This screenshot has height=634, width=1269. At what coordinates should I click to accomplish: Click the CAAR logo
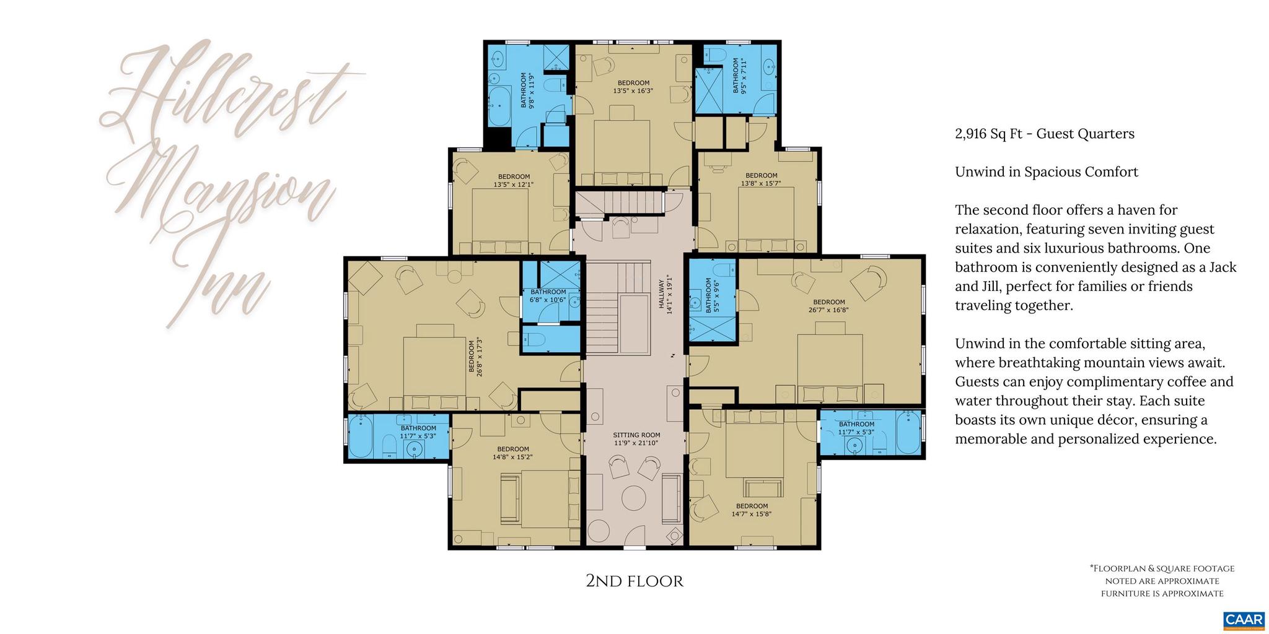(x=1244, y=620)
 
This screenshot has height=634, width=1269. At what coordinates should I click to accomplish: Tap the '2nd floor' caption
(x=634, y=581)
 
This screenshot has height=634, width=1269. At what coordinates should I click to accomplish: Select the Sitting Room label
(x=636, y=439)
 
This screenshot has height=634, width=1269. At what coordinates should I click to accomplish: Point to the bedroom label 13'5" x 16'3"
(x=633, y=87)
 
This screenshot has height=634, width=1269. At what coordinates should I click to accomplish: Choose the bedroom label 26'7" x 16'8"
(x=828, y=306)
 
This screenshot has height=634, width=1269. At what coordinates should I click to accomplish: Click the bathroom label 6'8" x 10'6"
(x=548, y=296)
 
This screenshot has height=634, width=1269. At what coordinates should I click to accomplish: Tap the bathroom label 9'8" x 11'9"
(x=527, y=90)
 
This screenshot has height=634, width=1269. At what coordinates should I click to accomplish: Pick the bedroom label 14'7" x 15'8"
(x=751, y=510)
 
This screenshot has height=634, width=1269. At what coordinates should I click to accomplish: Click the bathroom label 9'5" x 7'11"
(x=740, y=76)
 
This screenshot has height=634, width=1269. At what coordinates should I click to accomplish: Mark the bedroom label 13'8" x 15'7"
(x=761, y=179)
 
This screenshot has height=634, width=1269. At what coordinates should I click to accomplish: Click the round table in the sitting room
(x=633, y=497)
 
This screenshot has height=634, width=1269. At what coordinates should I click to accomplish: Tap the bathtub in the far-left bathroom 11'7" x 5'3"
(x=360, y=436)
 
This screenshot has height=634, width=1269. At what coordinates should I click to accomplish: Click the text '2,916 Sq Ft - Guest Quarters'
(x=1044, y=134)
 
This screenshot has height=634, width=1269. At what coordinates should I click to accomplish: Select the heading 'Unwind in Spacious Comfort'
(x=1046, y=172)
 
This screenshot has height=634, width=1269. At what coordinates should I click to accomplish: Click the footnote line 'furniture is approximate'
(x=1162, y=594)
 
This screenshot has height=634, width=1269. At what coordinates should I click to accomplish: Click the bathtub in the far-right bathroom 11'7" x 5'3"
(x=908, y=433)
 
